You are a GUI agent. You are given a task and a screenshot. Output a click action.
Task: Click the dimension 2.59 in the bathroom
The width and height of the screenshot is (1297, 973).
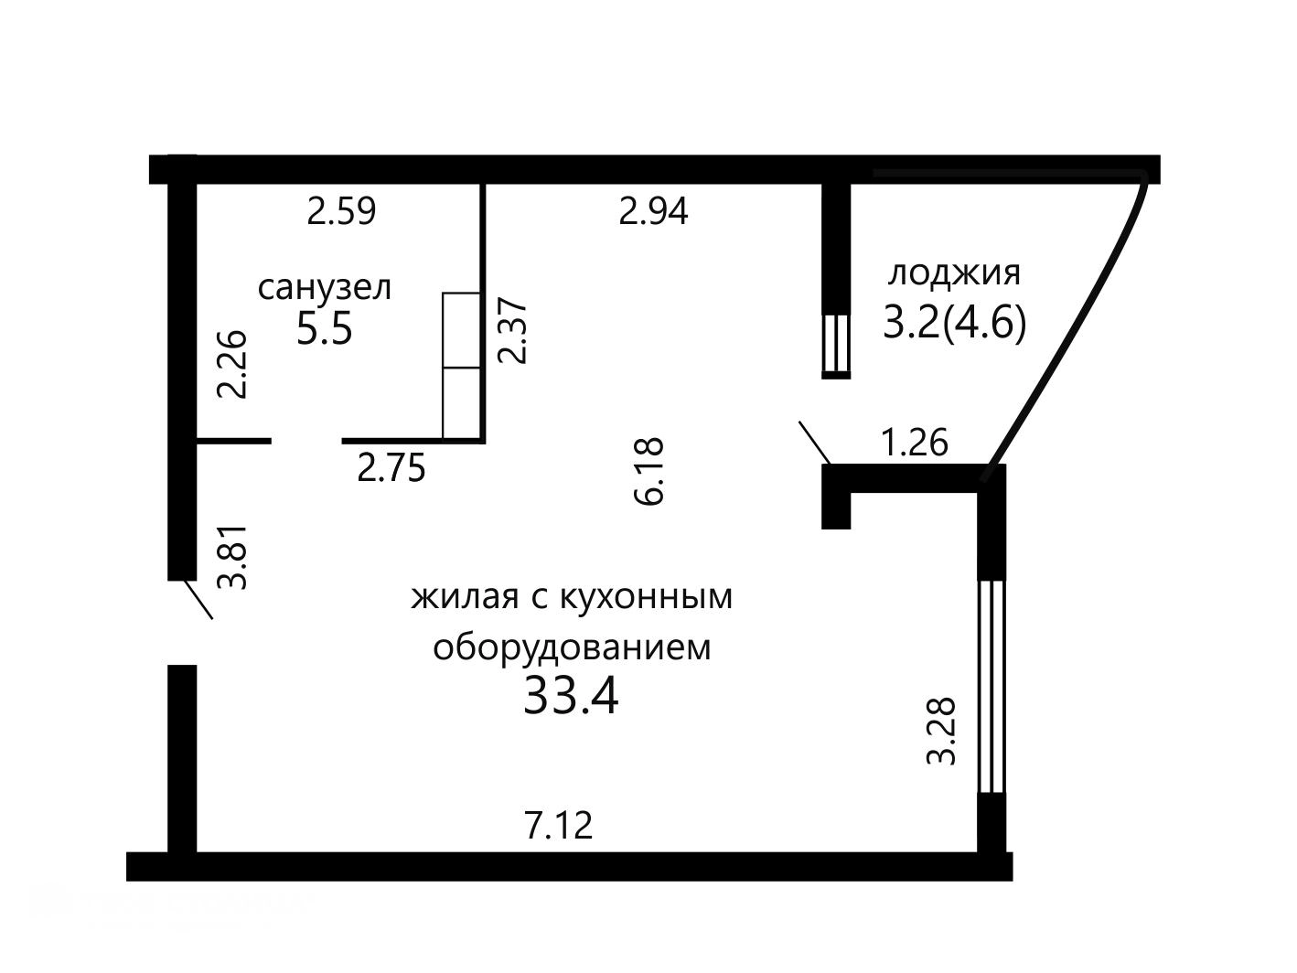pos(341,211)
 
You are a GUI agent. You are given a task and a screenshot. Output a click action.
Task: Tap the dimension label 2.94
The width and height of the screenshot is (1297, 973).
pos(653,211)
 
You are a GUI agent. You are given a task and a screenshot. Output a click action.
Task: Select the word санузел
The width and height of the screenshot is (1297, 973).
pos(325,289)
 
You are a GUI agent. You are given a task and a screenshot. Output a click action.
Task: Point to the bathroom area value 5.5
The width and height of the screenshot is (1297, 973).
pos(324,329)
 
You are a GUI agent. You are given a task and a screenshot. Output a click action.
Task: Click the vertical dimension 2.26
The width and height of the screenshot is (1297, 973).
pos(231,365)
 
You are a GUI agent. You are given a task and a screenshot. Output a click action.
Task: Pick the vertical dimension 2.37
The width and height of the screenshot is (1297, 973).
pos(511,331)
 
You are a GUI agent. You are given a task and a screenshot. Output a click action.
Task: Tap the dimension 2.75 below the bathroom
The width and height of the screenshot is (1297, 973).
pos(391,468)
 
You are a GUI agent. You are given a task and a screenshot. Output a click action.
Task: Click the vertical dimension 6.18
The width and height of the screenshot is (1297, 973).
pos(648,471)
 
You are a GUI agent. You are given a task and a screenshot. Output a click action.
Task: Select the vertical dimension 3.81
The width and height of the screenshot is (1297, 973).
pos(231,558)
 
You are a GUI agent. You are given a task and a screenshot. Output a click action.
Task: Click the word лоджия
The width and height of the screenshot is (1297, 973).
pos(954,274)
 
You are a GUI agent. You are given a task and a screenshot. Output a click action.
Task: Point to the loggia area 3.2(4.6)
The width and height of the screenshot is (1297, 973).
pos(954,325)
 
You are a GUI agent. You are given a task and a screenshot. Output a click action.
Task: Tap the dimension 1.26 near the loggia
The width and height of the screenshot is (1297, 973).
pos(914,442)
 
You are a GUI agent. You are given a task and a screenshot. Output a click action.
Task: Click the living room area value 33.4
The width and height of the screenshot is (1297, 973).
pos(571,696)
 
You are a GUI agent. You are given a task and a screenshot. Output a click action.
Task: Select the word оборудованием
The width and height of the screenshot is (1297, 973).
pos(572,647)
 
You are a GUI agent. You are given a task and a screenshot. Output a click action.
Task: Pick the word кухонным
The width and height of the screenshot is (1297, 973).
pos(646,596)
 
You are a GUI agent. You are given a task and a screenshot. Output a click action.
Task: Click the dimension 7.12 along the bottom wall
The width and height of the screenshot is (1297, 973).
pos(558,825)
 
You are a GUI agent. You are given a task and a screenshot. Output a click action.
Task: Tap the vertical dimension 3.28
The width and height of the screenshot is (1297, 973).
pos(940,731)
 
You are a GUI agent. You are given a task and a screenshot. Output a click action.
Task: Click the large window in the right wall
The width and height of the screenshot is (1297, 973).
pos(991,686)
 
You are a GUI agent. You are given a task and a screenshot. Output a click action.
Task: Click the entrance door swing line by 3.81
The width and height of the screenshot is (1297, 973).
pos(198,599)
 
